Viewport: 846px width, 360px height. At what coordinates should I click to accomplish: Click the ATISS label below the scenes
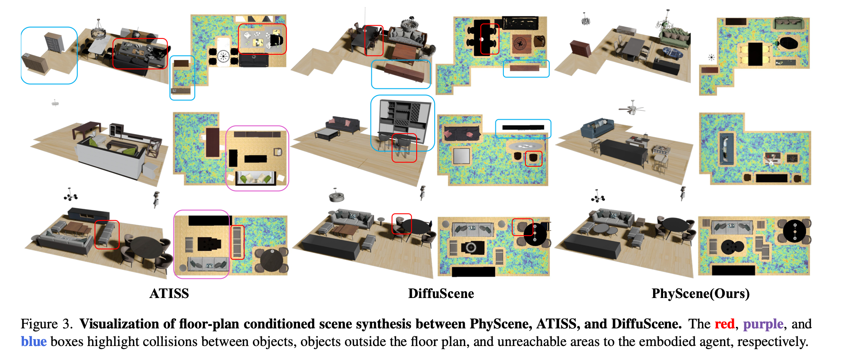point(169,293)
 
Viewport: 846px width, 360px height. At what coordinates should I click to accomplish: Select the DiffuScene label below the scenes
point(441,293)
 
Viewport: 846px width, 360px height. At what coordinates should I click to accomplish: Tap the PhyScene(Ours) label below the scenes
point(700,294)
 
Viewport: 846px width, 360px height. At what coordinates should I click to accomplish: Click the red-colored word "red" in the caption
point(724,323)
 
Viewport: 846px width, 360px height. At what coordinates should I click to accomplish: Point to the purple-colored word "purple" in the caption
point(763,324)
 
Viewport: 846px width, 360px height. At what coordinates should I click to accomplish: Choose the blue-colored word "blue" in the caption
point(34,341)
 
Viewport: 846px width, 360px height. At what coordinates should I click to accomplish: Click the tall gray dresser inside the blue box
point(53,42)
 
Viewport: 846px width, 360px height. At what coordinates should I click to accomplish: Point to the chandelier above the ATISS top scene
point(98,30)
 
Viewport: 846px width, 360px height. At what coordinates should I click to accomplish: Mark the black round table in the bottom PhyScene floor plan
point(794,231)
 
